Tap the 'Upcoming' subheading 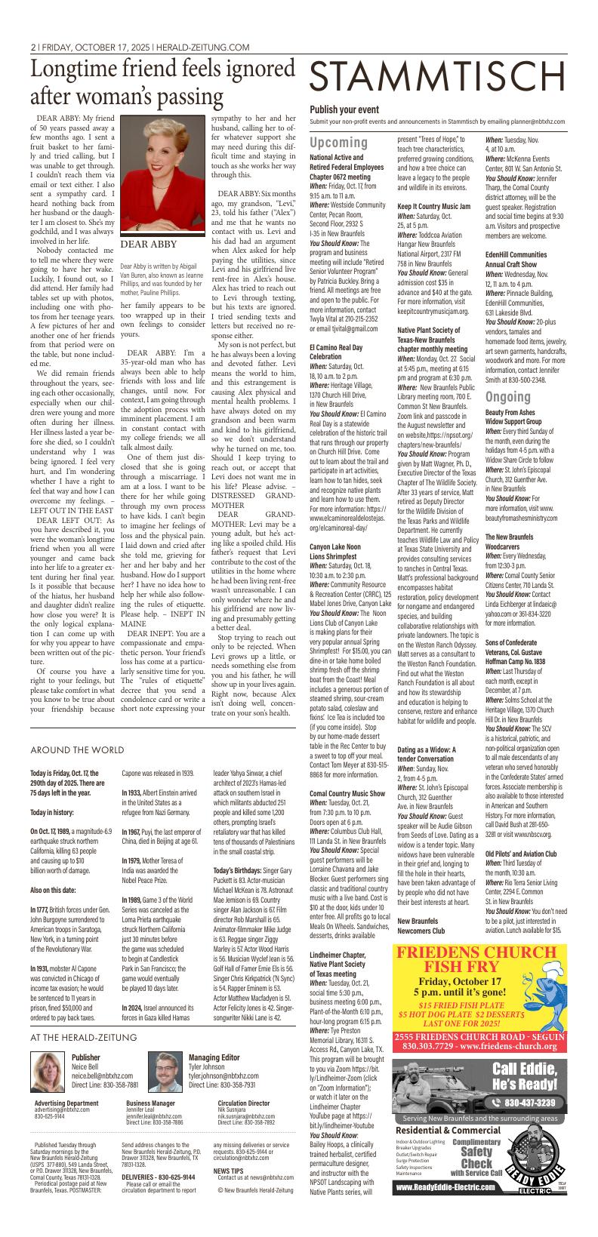338,143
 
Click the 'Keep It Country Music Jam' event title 433,206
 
